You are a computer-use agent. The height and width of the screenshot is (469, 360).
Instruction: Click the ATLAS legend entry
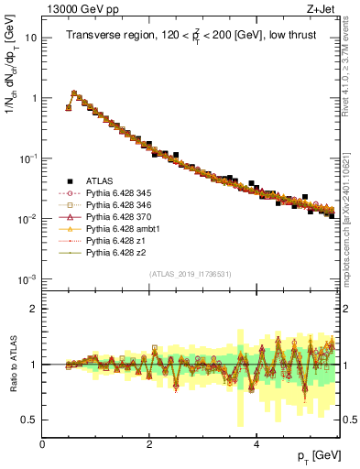97,180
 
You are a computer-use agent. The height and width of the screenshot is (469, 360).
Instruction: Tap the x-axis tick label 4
256,444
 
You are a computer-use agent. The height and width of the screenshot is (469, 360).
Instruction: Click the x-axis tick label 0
43,444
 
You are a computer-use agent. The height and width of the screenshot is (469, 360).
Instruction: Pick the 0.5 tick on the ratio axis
30,420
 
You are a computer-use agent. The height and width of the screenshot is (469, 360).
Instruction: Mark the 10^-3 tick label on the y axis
27,278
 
